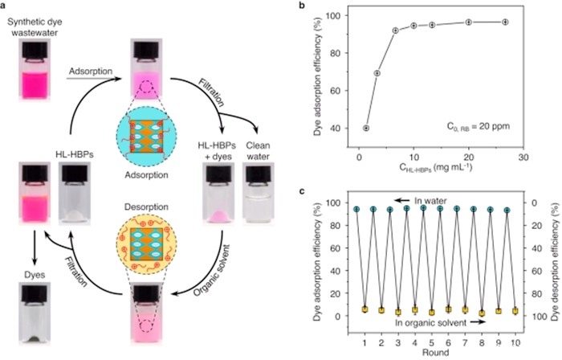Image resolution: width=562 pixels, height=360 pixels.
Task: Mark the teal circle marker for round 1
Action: pos(356,209)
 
